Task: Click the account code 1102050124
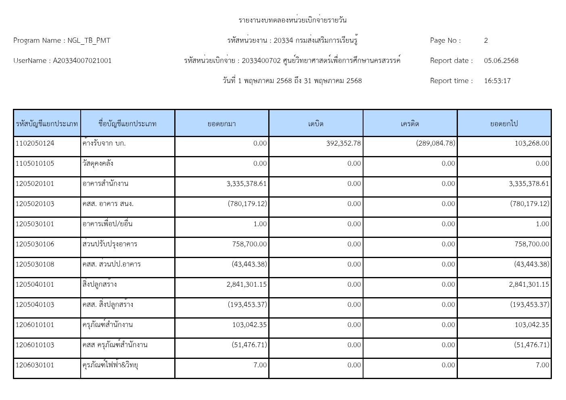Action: pyautogui.click(x=35, y=144)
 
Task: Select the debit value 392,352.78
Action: pyautogui.click(x=343, y=144)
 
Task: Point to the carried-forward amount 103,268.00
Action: pyautogui.click(x=531, y=144)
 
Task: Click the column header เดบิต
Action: pyautogui.click(x=316, y=124)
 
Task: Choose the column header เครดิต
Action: pyautogui.click(x=410, y=124)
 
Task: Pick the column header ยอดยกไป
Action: pyautogui.click(x=504, y=124)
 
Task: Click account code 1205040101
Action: pyautogui.click(x=35, y=285)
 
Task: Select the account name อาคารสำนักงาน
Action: pyautogui.click(x=105, y=184)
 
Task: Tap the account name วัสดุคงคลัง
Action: pyautogui.click(x=98, y=164)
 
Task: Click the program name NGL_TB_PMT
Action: pyautogui.click(x=89, y=41)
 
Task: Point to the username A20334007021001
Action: pyautogui.click(x=82, y=61)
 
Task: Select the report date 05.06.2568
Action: pyautogui.click(x=501, y=61)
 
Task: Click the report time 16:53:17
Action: pyautogui.click(x=497, y=81)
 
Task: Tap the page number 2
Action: pyautogui.click(x=486, y=41)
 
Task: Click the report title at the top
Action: pyautogui.click(x=292, y=20)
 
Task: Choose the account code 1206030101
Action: pyautogui.click(x=35, y=365)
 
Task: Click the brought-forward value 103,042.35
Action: pyautogui.click(x=249, y=325)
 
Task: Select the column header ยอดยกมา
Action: pyautogui.click(x=221, y=124)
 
